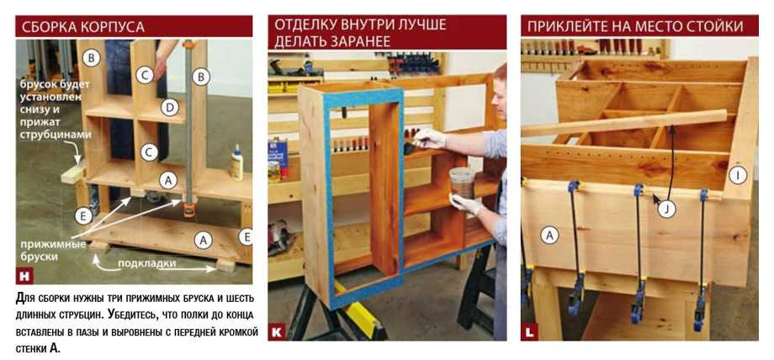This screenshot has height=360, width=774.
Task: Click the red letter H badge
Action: click(x=24, y=276)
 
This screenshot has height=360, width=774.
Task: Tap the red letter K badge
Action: click(x=277, y=332)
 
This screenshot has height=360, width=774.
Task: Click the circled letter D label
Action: click(x=169, y=107)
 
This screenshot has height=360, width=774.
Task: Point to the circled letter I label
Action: click(x=738, y=175)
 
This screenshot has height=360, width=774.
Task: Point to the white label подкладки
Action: click(x=146, y=264)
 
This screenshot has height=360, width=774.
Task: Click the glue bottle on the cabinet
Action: click(x=237, y=162)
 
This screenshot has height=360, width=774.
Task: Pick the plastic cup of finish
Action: click(x=462, y=183)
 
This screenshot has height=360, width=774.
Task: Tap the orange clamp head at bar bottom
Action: click(x=188, y=208)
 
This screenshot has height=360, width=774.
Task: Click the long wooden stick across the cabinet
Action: click(x=624, y=124)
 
